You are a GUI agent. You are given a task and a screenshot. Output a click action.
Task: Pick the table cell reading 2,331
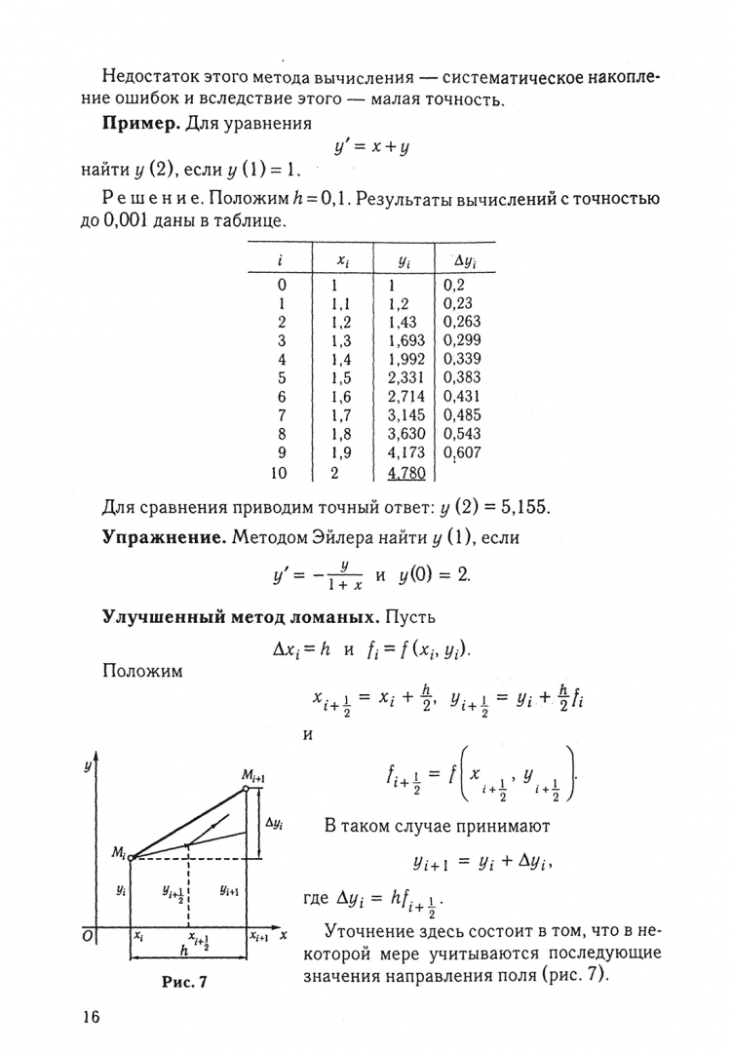[406, 377]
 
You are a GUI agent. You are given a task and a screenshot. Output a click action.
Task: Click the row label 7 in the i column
[282, 414]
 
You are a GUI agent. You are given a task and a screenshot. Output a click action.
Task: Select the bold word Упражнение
[165, 538]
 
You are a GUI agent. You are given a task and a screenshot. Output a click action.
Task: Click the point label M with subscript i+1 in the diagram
[255, 774]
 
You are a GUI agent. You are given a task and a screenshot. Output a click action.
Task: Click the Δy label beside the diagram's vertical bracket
[276, 823]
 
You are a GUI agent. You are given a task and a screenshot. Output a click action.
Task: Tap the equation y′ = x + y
[371, 147]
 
